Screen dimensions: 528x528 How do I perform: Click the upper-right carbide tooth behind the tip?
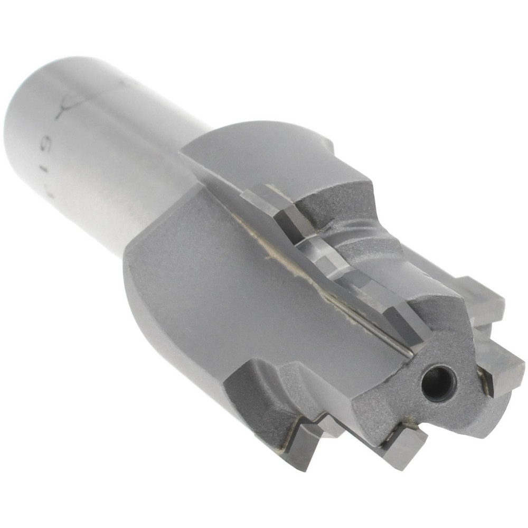[x=483, y=298]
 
